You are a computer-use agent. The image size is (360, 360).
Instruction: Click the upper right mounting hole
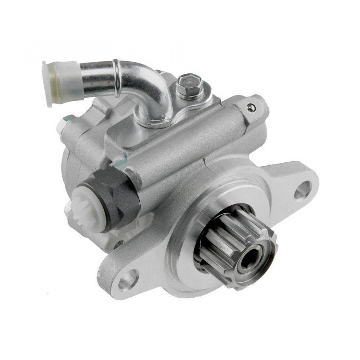tap(303, 188)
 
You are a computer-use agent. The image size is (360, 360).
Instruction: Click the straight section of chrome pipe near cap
tap(94, 70)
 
